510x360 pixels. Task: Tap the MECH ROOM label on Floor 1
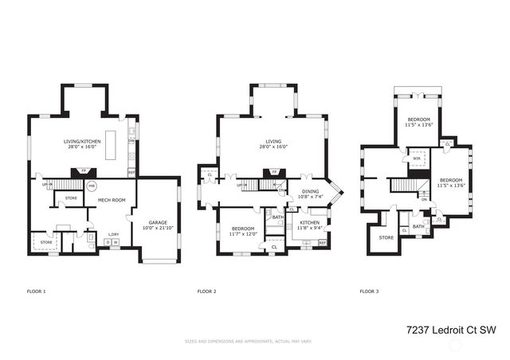point(112,200)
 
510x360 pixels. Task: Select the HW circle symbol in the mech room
point(92,187)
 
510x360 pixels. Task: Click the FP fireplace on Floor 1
point(83,170)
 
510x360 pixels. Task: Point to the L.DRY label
point(114,234)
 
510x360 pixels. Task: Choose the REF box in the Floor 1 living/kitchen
point(131,171)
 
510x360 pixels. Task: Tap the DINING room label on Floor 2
point(309,192)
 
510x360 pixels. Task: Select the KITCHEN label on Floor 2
point(309,225)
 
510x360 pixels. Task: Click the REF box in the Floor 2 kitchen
point(323,242)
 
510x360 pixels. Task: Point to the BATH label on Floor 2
point(277,217)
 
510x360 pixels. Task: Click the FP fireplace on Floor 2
point(274,171)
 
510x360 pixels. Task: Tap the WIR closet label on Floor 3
point(416,158)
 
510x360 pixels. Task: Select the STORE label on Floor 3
point(386,237)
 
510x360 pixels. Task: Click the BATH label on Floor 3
point(418,226)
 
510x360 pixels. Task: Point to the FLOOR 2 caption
point(207,292)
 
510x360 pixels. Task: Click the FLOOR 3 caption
point(369,292)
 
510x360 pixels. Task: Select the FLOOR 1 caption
point(37,292)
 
